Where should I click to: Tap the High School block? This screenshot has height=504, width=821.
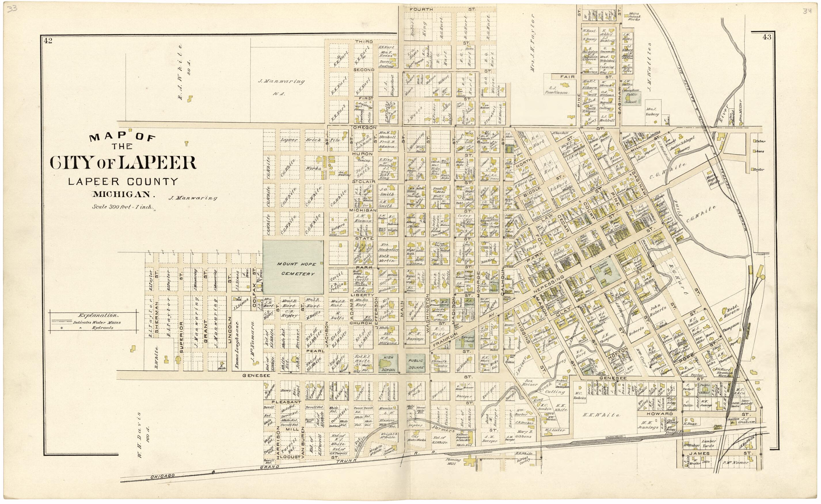[388, 363]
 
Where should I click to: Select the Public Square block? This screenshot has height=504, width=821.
[415, 363]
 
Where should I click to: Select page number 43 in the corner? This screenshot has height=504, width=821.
[766, 37]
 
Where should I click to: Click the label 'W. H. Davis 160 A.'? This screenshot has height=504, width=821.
[139, 435]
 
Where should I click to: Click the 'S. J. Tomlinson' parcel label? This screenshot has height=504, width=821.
[556, 90]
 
